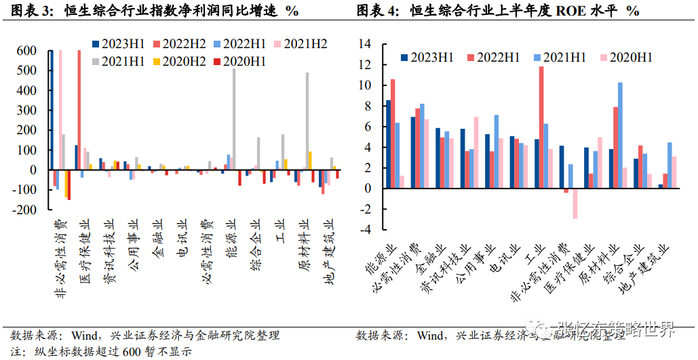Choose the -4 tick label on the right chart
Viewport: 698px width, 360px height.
click(365, 230)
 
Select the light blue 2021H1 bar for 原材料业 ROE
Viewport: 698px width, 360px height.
click(620, 136)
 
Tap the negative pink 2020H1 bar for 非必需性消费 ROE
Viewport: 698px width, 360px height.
click(575, 203)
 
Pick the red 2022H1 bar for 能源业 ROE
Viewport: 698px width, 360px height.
click(393, 134)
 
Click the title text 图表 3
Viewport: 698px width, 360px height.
click(33, 12)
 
